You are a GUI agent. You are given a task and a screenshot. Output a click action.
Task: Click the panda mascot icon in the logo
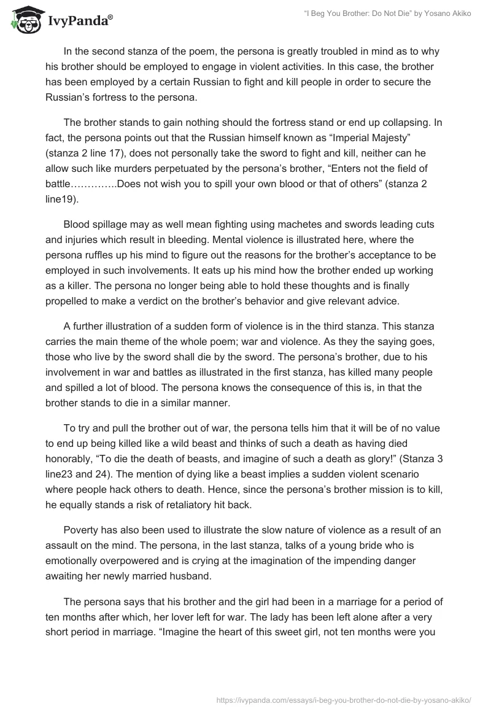tap(24, 19)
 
